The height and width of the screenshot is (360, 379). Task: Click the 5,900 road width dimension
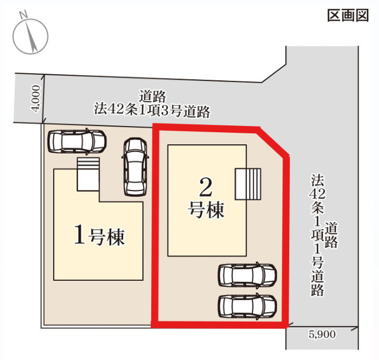(x=323, y=334)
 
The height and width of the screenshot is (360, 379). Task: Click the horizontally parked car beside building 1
(x=77, y=141)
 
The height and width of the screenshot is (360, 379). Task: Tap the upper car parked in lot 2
(x=247, y=275)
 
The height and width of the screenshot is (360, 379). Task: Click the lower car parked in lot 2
(x=247, y=305)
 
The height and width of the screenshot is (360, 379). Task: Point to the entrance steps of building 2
(x=249, y=184)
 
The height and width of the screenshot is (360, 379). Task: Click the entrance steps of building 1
(x=88, y=172)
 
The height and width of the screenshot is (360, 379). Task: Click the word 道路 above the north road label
(x=152, y=97)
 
